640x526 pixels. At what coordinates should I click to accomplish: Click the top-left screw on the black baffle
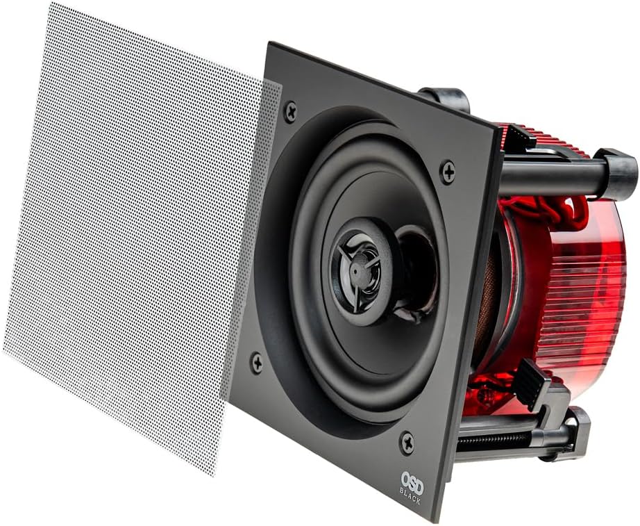click(x=290, y=110)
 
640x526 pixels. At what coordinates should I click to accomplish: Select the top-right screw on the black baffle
click(x=448, y=170)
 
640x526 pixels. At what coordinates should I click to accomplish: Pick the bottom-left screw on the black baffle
click(x=257, y=361)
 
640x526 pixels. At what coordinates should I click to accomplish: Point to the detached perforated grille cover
click(x=132, y=229)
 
